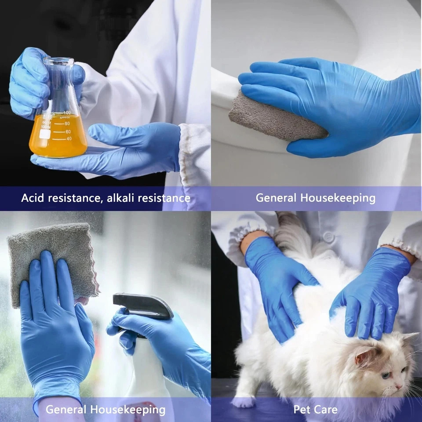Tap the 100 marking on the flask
pyautogui.click(x=67, y=113)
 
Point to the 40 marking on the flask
pyautogui.click(x=69, y=139)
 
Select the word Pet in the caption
pyautogui.click(x=301, y=410)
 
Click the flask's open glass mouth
pyautogui.click(x=58, y=60)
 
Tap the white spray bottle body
pyautogui.click(x=145, y=369)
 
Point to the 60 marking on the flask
pyautogui.click(x=68, y=131)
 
